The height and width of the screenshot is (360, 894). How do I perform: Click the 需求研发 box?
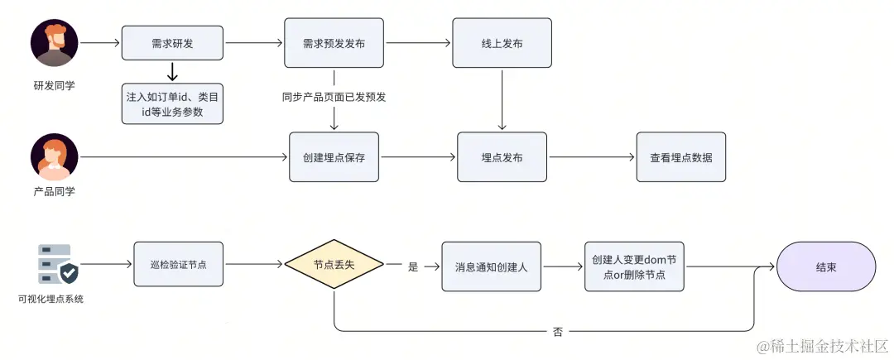point(172,42)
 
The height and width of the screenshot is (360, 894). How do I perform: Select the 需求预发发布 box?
point(334,42)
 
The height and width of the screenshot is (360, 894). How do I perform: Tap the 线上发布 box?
point(501,42)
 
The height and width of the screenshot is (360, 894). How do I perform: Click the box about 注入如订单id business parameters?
point(172,103)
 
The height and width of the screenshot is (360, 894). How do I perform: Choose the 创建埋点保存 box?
point(334,157)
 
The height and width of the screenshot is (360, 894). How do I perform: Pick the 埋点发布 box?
point(502,157)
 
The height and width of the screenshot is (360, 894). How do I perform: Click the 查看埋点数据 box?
point(680,157)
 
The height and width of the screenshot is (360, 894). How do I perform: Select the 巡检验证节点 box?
point(179,264)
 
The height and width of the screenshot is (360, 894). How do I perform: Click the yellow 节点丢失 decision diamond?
point(334,265)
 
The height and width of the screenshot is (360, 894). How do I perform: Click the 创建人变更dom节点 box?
point(634,266)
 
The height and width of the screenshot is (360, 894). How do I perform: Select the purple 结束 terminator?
point(825,266)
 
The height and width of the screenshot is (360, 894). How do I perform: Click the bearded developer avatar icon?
point(55,42)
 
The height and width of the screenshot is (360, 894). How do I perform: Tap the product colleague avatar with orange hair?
point(55,156)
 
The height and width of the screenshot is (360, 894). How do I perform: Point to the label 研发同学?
point(55,84)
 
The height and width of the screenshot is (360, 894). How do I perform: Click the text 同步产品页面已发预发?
point(334,96)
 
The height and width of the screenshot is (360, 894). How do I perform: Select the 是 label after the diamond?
point(413,266)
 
